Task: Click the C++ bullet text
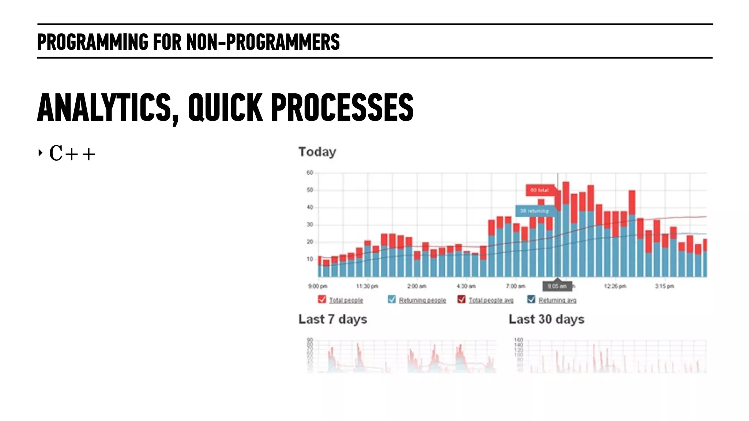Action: click(72, 153)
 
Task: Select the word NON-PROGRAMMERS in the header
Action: click(263, 42)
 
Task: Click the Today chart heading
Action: click(317, 152)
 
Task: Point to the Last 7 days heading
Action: click(332, 319)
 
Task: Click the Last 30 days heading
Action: click(546, 319)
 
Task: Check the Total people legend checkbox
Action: click(322, 299)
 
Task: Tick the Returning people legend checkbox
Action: click(392, 299)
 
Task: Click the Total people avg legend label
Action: click(491, 300)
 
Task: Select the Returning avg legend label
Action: click(557, 300)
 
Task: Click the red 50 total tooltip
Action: click(540, 190)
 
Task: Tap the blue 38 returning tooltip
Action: click(535, 211)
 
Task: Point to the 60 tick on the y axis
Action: click(310, 172)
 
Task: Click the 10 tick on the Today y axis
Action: click(310, 259)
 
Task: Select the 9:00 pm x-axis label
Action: click(317, 286)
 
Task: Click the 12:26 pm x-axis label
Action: click(615, 286)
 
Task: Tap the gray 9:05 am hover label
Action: click(557, 286)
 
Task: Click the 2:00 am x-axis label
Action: click(417, 286)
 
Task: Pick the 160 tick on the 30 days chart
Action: click(519, 340)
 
